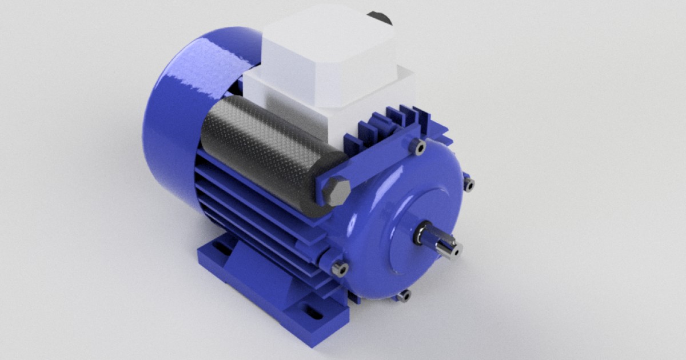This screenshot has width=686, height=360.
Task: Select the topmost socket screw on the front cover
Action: pyautogui.click(x=420, y=147)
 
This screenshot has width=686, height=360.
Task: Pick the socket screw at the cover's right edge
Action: pyautogui.click(x=469, y=185)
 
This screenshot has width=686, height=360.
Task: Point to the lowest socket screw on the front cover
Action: pyautogui.click(x=404, y=296)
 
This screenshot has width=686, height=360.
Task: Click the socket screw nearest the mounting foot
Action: pyautogui.click(x=340, y=269)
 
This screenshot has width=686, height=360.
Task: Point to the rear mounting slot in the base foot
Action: pyautogui.click(x=220, y=250)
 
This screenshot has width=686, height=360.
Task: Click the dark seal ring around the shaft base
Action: pyautogui.click(x=421, y=231)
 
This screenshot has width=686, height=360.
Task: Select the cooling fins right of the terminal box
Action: pyautogui.click(x=400, y=123)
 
